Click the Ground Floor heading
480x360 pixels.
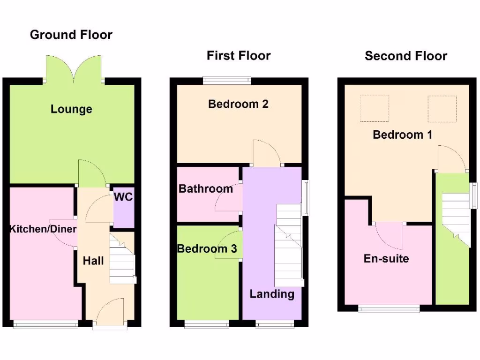(71, 35)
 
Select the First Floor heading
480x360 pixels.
(239, 56)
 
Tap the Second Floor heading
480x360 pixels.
(406, 56)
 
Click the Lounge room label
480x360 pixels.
(71, 109)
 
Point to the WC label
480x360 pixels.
(123, 197)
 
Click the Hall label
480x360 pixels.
(93, 261)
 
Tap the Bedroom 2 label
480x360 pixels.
(238, 104)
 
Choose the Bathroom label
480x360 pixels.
(206, 189)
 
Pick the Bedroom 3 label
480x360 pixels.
(207, 249)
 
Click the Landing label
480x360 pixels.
(272, 294)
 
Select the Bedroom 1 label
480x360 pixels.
(403, 135)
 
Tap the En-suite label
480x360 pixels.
(386, 258)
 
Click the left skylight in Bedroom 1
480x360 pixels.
(374, 109)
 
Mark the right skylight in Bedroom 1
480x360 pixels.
(442, 109)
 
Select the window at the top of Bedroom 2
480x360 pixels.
(227, 80)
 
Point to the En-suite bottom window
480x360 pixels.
(389, 308)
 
